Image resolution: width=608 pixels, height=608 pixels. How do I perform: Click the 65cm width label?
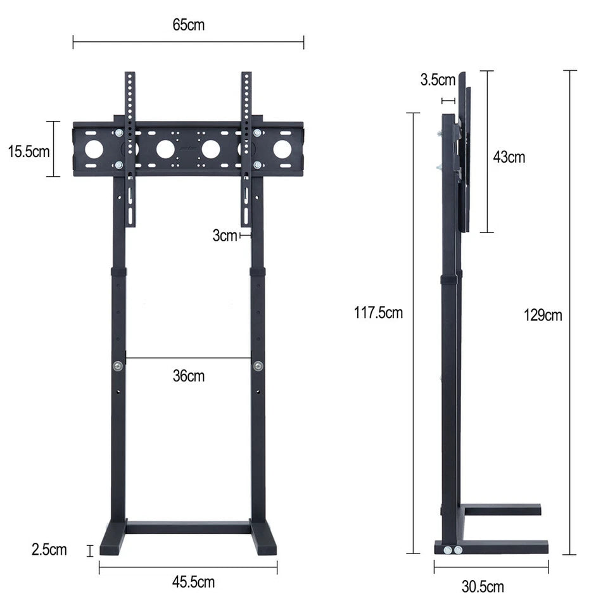click(x=188, y=25)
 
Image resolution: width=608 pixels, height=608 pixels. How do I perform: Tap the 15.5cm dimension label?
click(x=28, y=151)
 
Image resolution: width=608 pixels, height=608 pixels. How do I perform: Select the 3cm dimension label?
click(x=224, y=236)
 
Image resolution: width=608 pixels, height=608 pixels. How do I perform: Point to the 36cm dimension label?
click(x=189, y=376)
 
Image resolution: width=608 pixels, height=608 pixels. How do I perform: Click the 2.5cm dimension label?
click(x=49, y=549)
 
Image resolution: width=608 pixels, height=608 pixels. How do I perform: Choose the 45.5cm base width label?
click(x=188, y=582)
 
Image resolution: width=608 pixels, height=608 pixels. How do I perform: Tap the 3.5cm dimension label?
click(x=437, y=80)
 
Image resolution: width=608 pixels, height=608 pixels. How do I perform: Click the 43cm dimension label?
click(x=509, y=157)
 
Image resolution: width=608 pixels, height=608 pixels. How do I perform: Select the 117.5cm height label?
click(x=378, y=312)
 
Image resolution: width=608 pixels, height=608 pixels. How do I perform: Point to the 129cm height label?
click(x=543, y=315)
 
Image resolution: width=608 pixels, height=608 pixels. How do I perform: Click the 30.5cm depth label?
click(x=483, y=586)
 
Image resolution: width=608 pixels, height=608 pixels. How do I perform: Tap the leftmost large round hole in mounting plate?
click(x=94, y=149)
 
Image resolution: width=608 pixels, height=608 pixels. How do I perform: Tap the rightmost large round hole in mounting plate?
click(x=282, y=149)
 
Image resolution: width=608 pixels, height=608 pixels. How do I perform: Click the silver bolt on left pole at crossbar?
click(x=118, y=365)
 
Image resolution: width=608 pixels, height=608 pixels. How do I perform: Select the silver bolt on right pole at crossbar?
click(x=258, y=365)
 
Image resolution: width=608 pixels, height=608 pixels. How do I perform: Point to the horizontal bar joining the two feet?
click(x=188, y=527)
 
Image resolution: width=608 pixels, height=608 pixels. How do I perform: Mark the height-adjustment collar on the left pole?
click(x=118, y=272)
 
